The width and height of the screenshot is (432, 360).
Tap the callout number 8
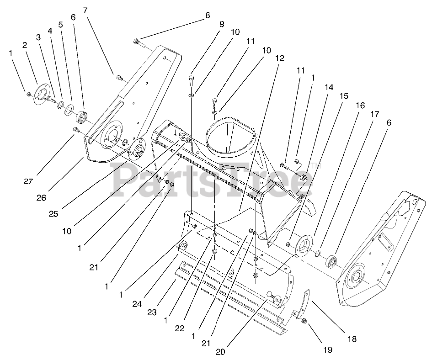pyautogui.click(x=208, y=15)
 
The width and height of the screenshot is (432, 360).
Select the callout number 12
pyautogui.click(x=280, y=58)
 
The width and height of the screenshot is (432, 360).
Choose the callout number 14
pyautogui.click(x=329, y=87)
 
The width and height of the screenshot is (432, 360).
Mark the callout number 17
pyautogui.click(x=374, y=115)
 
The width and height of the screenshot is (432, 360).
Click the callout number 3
pyautogui.click(x=38, y=37)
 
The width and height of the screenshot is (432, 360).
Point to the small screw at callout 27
pyautogui.click(x=76, y=131)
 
